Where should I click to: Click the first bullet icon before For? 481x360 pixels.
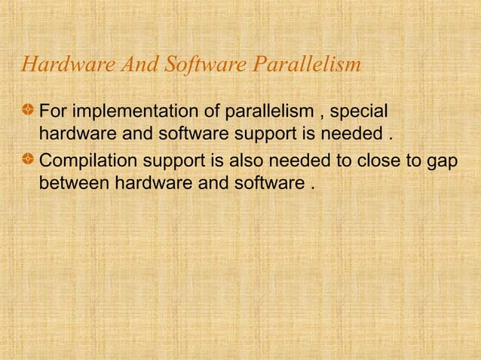pos(27,112)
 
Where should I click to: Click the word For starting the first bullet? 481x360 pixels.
pos(51,113)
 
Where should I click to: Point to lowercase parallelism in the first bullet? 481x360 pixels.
pos(261,113)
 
